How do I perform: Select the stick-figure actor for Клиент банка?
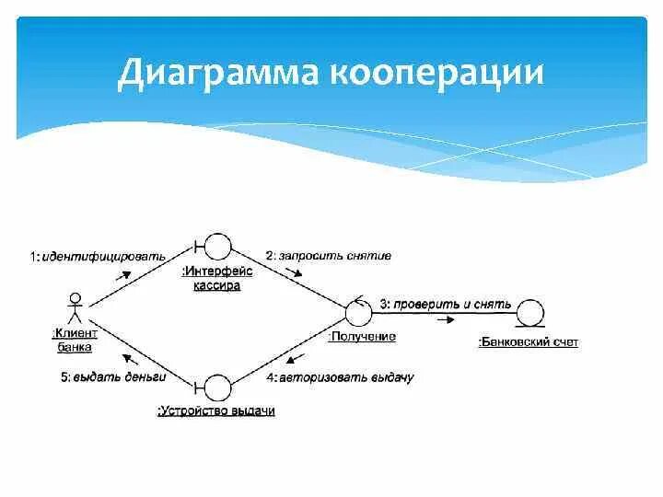tap(76, 306)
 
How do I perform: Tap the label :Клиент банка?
tap(75, 340)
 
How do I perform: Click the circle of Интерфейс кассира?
tap(217, 247)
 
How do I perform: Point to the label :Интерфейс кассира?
tap(217, 278)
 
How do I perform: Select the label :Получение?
tap(362, 337)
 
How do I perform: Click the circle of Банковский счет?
tap(529, 313)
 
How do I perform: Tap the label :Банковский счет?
tap(529, 342)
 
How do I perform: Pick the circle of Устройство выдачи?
tap(216, 387)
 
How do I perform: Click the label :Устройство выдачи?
tap(216, 411)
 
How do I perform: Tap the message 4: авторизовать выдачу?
tap(340, 377)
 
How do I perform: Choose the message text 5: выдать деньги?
tap(112, 377)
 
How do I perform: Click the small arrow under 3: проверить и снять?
tap(445, 319)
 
